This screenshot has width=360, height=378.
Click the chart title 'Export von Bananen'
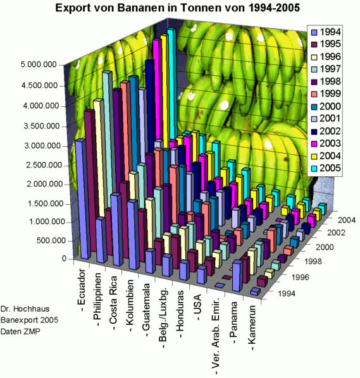(x=180, y=9)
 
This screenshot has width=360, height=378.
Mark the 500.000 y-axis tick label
(x=51, y=241)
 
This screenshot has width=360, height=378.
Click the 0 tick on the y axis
(x=64, y=259)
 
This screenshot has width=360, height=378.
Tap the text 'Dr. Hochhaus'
(x=23, y=310)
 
